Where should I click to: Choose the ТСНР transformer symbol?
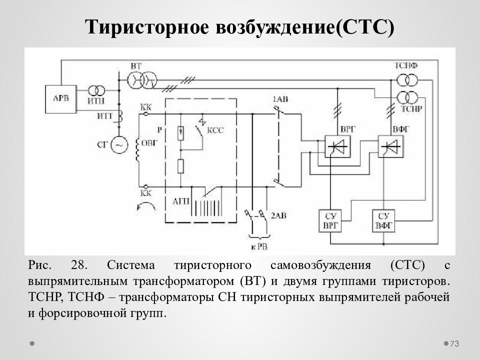[407, 97]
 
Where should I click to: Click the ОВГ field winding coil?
[138, 150]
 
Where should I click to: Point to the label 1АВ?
[280, 99]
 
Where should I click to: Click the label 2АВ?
[278, 215]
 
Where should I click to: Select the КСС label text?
[215, 130]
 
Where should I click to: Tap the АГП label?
[181, 201]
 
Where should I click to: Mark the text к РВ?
[259, 246]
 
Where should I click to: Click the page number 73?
[454, 344]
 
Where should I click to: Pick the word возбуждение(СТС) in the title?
[305, 27]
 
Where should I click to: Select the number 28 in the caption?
[79, 265]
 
